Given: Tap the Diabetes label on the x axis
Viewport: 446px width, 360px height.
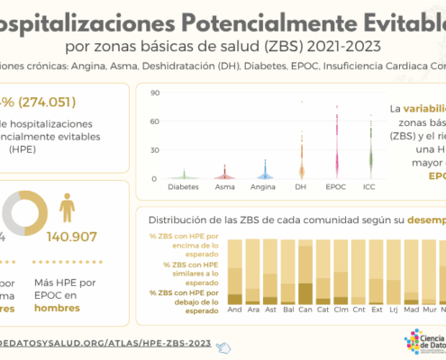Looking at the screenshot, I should (x=185, y=188).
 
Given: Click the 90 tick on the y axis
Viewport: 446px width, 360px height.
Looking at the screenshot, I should (x=155, y=93).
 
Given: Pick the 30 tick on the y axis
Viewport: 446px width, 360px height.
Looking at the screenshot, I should (x=155, y=150).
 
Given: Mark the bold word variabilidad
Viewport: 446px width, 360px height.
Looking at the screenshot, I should (x=422, y=108).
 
